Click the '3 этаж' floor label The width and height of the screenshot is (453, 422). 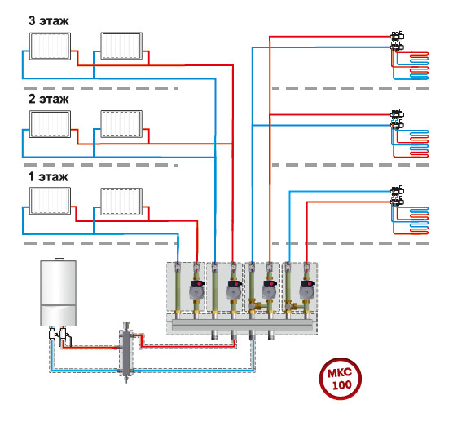49,21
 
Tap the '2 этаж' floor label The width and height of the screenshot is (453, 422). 49,99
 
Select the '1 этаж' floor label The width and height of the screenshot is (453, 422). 48,177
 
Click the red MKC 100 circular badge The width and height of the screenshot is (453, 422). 340,379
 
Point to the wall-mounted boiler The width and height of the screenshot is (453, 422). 58,292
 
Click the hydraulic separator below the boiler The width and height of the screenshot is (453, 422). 126,353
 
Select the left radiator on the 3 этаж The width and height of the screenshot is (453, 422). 50,46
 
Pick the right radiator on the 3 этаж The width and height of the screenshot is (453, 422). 121,46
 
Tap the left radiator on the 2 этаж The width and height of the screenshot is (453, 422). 50,124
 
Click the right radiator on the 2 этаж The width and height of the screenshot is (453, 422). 121,124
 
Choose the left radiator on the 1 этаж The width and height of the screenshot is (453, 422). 50,201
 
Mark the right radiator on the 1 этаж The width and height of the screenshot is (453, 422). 121,202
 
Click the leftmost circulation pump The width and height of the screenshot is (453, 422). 197,290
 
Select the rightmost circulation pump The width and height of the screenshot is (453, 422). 307,290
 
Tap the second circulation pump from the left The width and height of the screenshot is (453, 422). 235,290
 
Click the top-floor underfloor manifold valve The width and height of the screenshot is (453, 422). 398,41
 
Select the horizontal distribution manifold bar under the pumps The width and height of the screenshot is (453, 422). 242,325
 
